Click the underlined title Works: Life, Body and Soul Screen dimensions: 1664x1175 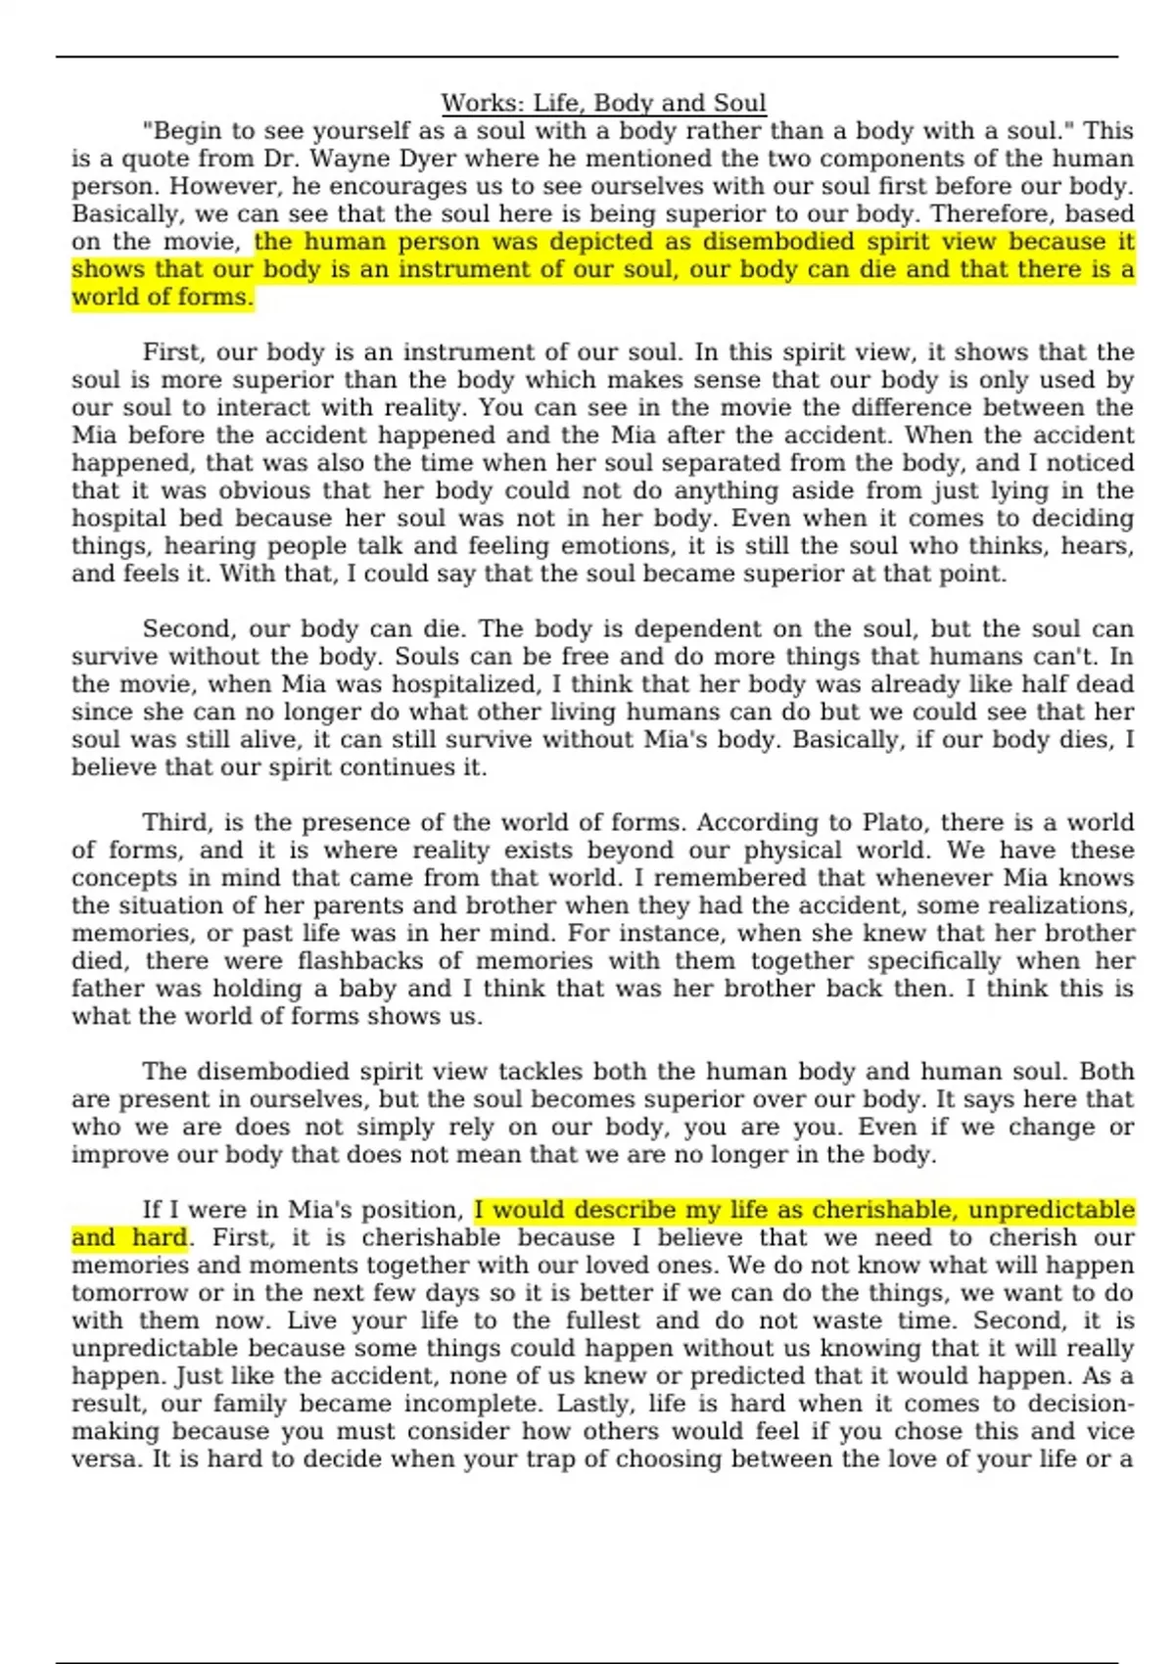tap(603, 103)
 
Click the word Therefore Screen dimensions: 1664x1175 tap(994, 213)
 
